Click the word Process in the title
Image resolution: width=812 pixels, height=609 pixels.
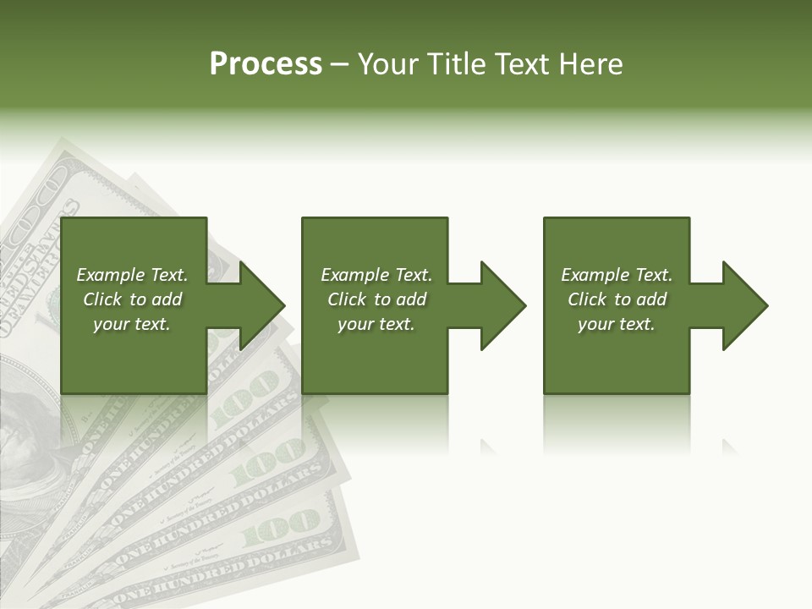pos(266,64)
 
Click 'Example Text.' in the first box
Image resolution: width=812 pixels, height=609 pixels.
pos(132,275)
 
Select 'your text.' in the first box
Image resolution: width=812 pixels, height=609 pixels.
pos(132,324)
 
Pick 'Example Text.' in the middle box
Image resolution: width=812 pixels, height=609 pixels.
pos(376,275)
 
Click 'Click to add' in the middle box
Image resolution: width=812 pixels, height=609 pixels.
pos(376,299)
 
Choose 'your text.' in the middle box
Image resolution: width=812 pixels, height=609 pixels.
pos(376,324)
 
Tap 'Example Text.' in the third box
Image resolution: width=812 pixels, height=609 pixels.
pos(617,275)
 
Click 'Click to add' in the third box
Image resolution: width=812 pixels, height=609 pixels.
pos(617,299)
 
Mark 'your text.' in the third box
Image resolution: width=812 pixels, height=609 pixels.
pos(617,324)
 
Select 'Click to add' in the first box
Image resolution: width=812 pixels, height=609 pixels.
pos(132,299)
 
